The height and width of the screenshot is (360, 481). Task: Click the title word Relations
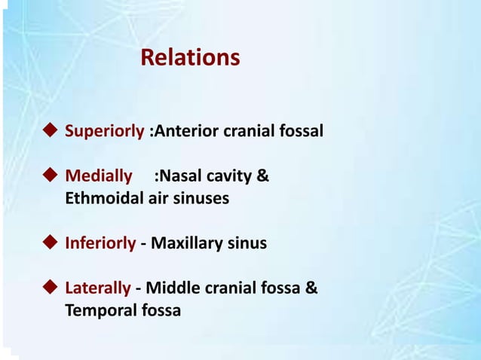(x=191, y=57)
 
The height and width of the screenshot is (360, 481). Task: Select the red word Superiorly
(x=104, y=132)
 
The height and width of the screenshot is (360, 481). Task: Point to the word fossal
(x=302, y=132)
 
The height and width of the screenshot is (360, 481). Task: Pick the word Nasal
(x=180, y=178)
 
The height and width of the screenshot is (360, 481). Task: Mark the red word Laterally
(x=99, y=288)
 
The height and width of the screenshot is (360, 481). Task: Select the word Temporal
(x=97, y=310)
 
